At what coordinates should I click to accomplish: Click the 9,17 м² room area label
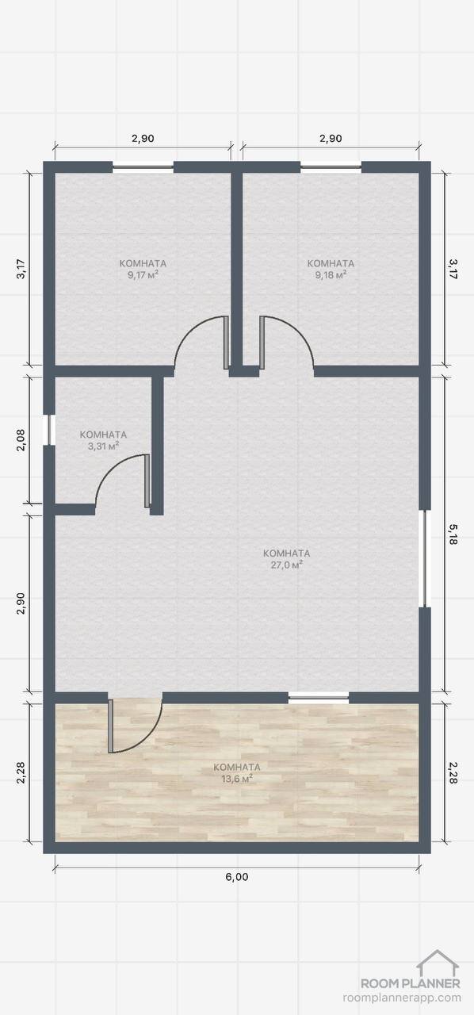point(143,274)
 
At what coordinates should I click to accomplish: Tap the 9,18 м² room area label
point(331,274)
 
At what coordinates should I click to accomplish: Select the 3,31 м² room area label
point(103,446)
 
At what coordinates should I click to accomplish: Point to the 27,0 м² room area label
point(286,565)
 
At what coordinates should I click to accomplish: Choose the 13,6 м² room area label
point(236,779)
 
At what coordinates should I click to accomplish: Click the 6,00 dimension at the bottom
point(236,877)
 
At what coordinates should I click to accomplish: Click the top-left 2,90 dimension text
point(143,139)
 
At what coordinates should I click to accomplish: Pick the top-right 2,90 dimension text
point(331,139)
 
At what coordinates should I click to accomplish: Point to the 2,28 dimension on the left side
point(21,772)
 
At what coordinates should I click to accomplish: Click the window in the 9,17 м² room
point(143,167)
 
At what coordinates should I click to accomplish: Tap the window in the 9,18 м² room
point(331,167)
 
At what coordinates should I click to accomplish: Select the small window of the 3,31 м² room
point(50,430)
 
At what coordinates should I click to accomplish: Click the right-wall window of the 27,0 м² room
point(424,558)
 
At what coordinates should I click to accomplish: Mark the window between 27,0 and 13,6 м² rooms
point(319,697)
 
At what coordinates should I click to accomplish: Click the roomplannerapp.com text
point(403,997)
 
